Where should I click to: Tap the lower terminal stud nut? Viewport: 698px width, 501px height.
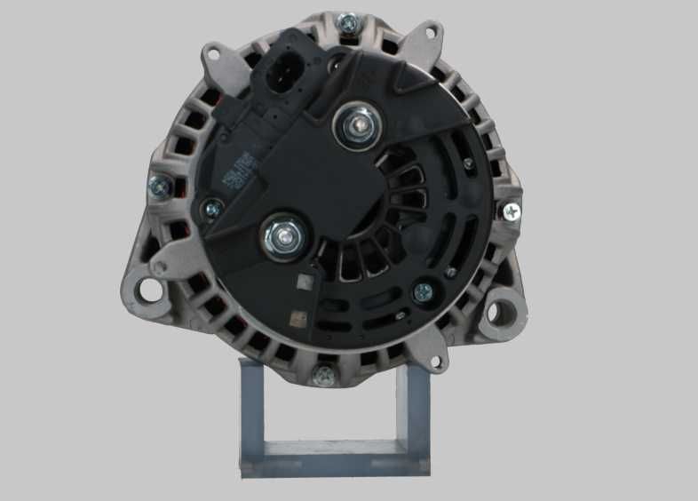286,235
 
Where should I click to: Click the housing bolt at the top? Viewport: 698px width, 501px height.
347,22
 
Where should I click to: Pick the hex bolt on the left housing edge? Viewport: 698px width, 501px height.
161,186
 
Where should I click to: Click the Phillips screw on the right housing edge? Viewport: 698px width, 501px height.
512,211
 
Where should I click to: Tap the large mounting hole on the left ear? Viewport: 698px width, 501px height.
150,290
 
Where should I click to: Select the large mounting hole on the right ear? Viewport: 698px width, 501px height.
507,310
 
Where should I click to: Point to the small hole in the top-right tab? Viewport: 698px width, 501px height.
431,33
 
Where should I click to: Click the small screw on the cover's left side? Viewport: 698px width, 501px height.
212,210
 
